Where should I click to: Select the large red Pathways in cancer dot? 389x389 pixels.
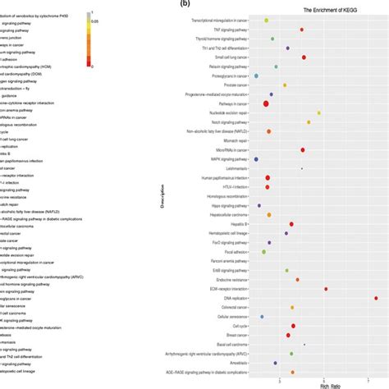click(267, 103)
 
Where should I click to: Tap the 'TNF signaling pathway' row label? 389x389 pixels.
click(228, 30)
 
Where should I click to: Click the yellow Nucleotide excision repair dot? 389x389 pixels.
click(318, 112)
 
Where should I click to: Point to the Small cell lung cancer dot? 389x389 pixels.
click(304, 57)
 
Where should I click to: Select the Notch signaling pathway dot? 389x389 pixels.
click(309, 122)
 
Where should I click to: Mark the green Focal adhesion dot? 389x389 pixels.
click(264, 252)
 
